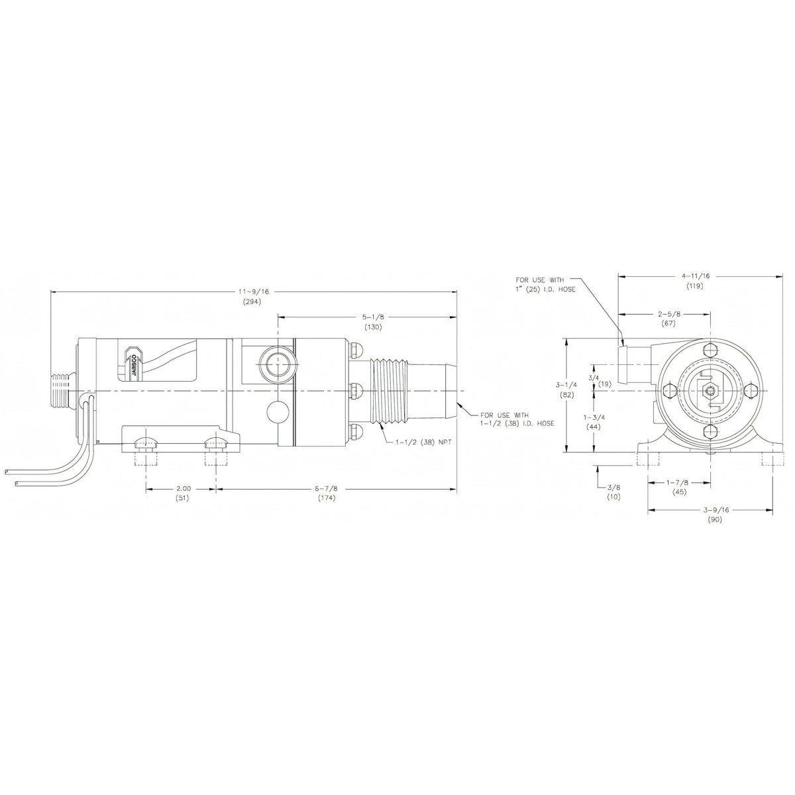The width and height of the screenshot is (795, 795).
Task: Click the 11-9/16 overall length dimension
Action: [254, 291]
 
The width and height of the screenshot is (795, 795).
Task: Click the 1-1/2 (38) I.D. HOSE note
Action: [517, 419]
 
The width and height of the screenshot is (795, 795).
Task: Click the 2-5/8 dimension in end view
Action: [669, 314]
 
